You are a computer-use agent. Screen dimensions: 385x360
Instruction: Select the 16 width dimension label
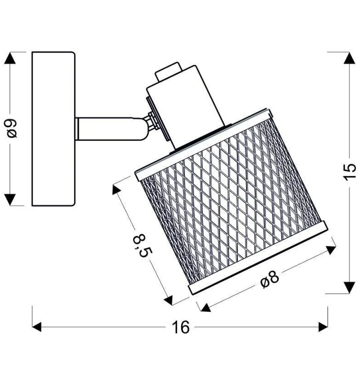tap(181, 327)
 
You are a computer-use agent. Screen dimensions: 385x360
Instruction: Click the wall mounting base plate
tap(53, 129)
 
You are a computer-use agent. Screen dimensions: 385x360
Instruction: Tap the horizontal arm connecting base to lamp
tap(109, 129)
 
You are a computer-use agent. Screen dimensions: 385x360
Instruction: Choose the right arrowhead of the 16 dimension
tap(323, 327)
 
